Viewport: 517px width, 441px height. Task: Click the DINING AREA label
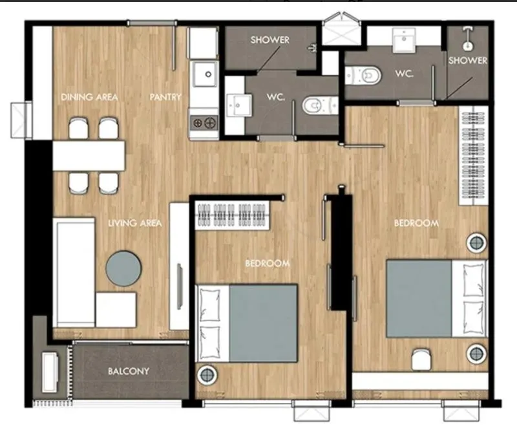coord(89,97)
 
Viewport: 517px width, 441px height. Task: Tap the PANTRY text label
coord(165,97)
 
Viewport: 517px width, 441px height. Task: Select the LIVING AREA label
coord(135,223)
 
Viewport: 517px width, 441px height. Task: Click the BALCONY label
coord(129,371)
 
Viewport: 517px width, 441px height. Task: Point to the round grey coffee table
coord(123,268)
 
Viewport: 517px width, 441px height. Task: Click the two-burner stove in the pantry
coord(204,124)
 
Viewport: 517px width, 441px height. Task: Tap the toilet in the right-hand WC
coord(363,76)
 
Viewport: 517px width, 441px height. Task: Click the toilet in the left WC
coord(319,105)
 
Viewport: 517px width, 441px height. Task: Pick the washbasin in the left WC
coord(239,105)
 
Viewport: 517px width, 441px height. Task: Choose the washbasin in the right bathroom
coord(404,40)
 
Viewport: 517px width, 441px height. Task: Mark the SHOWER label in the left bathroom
coord(269,40)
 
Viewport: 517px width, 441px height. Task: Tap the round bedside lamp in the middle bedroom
coord(207,374)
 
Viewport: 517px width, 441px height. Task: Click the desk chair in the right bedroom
coord(421,360)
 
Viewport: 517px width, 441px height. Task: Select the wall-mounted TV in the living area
coord(180,286)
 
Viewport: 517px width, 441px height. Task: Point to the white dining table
coord(89,156)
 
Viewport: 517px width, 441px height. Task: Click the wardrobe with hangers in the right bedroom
coord(474,155)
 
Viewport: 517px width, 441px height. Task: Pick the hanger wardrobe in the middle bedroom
coord(232,215)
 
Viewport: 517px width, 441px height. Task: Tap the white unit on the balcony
coord(50,372)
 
